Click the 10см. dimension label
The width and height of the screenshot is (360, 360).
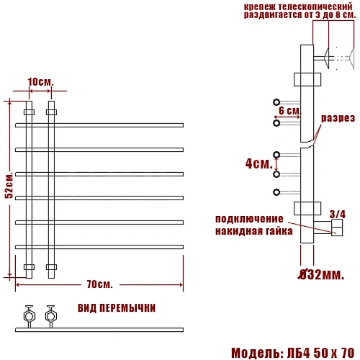pos(40,82)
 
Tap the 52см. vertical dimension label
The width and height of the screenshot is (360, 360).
pos(9,185)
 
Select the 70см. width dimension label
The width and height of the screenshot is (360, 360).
pos(99,284)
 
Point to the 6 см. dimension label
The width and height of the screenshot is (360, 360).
pos(289,111)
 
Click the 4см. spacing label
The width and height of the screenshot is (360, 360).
pos(259,163)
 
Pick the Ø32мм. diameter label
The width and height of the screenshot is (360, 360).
pos(321,274)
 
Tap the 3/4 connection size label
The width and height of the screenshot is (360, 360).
pos(338,214)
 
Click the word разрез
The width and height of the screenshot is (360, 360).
pos(338,118)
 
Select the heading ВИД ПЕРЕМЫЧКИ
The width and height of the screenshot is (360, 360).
pos(117,308)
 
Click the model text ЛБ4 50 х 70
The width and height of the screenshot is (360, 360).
pos(320,353)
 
